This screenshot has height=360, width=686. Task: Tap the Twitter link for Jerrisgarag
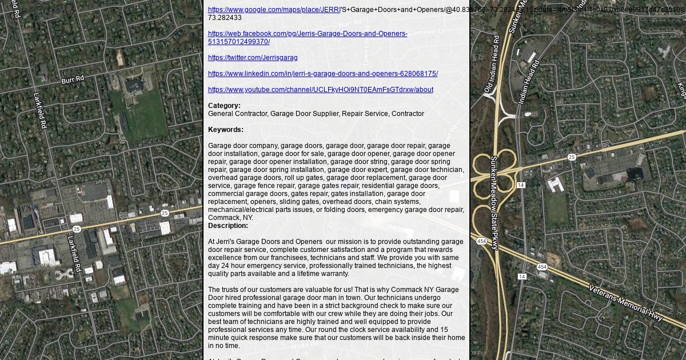[x=253, y=58]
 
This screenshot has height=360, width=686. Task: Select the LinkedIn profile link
[x=323, y=74]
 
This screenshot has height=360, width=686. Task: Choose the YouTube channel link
[x=321, y=90]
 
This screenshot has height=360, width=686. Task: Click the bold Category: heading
[x=224, y=106]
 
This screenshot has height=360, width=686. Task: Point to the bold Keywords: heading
[x=226, y=130]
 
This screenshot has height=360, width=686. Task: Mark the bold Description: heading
[x=228, y=226]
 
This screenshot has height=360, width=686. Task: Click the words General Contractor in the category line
[x=237, y=114]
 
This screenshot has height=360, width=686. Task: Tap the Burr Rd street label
[x=73, y=79]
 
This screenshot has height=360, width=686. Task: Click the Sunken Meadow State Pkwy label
[x=494, y=194]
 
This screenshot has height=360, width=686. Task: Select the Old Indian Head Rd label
[x=492, y=64]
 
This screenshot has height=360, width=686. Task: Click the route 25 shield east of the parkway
[x=572, y=157]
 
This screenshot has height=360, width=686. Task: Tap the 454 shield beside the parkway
[x=481, y=242]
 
